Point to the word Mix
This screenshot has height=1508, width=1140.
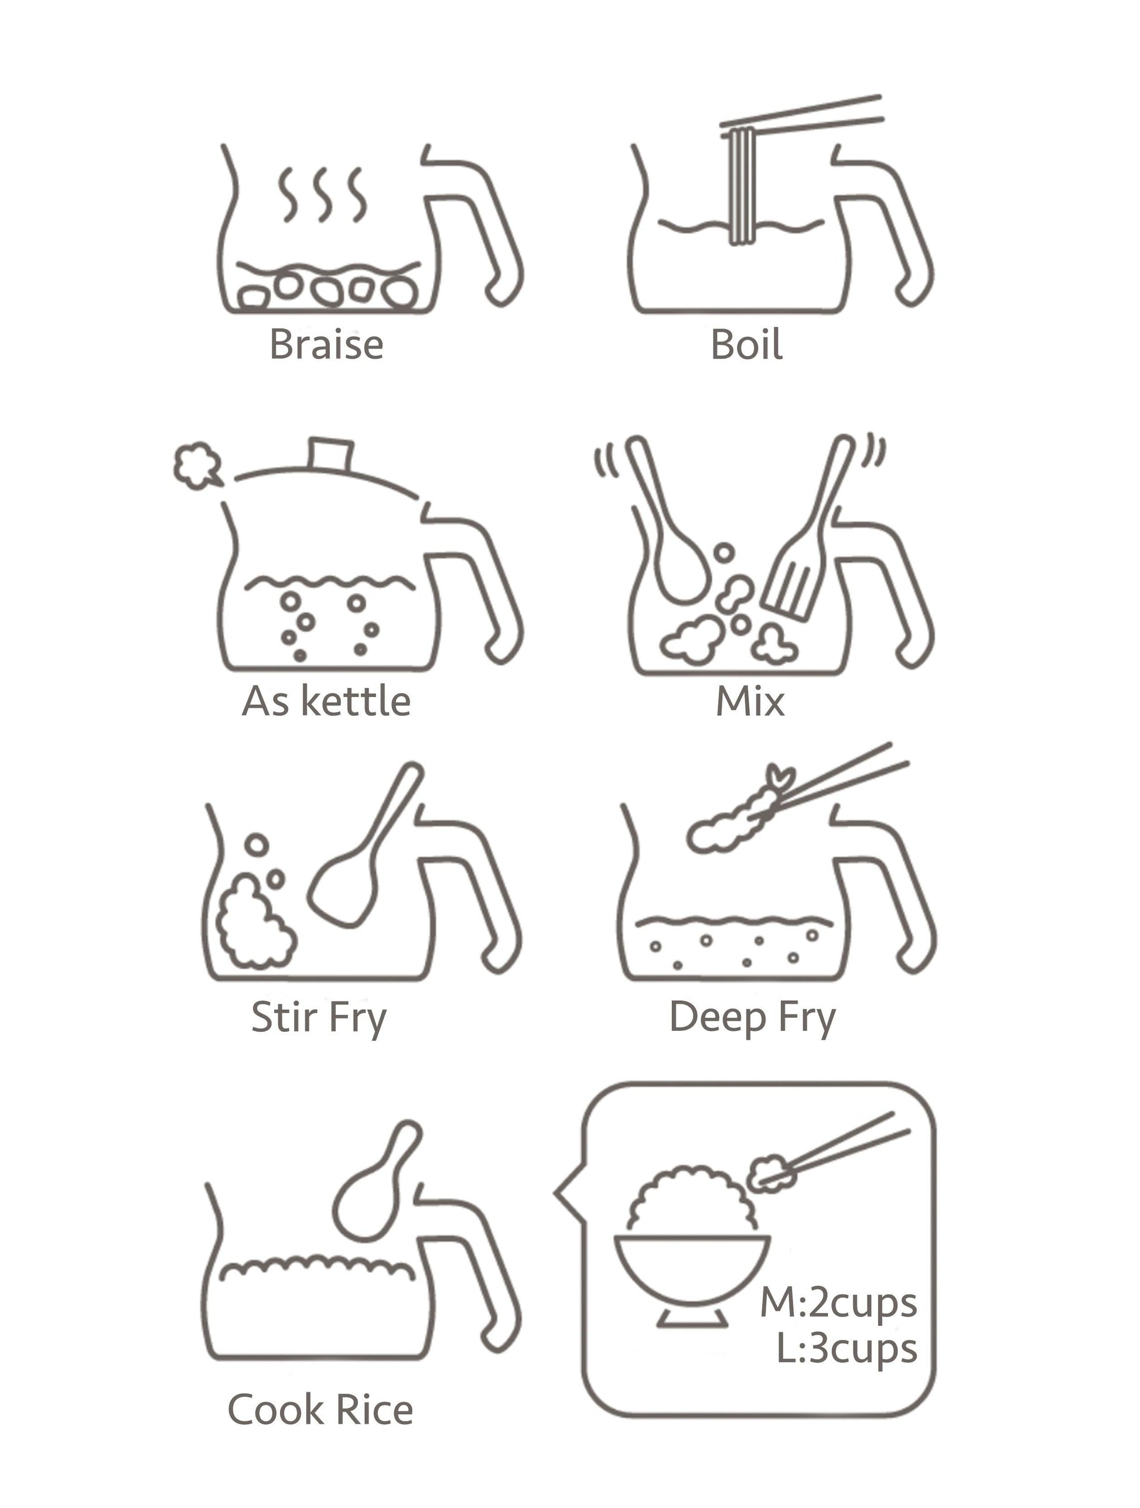pos(750,701)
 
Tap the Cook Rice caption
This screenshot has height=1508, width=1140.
pos(320,1410)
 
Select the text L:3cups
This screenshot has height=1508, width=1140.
pos(847,1350)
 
